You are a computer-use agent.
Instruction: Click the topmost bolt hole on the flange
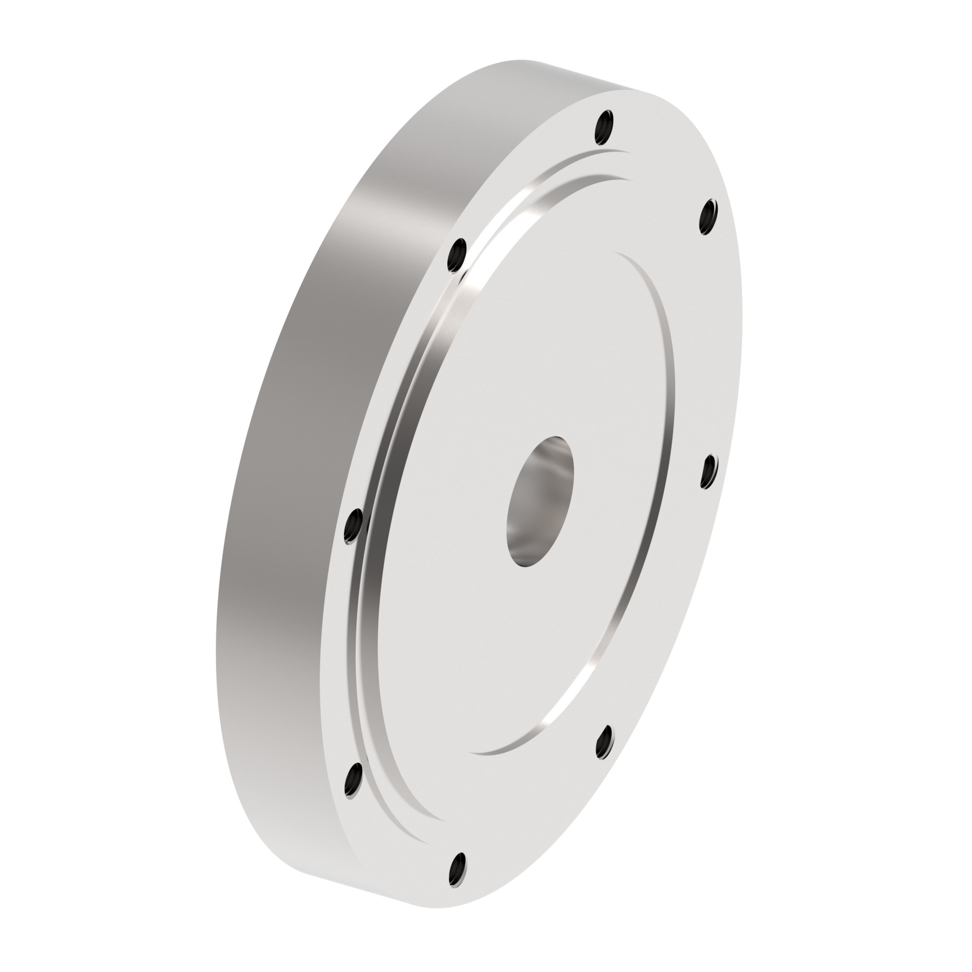point(604,127)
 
